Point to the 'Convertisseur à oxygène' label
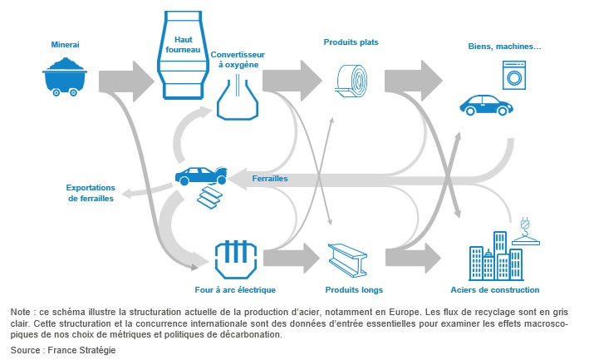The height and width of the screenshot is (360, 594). pyautogui.click(x=238, y=59)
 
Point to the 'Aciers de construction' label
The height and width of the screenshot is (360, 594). pyautogui.click(x=495, y=290)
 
